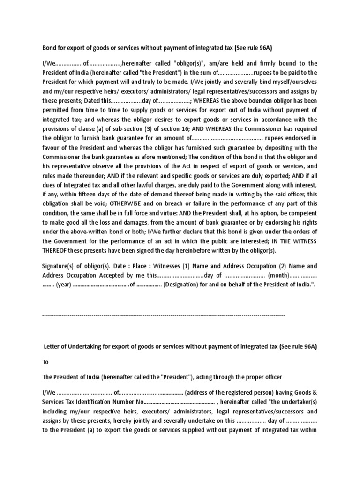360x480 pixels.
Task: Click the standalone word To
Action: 45,362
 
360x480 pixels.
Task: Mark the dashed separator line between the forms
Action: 164,316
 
